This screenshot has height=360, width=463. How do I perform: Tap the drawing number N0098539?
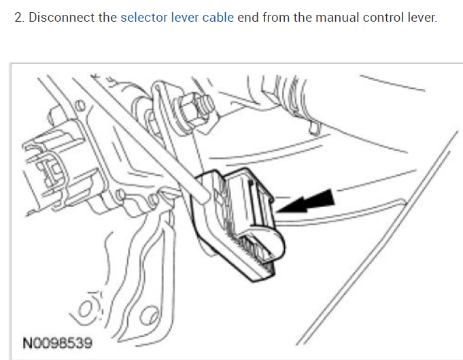click(58, 343)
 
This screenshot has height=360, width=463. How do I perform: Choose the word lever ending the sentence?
click(420, 17)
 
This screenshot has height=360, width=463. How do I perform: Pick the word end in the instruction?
click(248, 17)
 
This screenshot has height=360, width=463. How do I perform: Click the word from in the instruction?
click(275, 17)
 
